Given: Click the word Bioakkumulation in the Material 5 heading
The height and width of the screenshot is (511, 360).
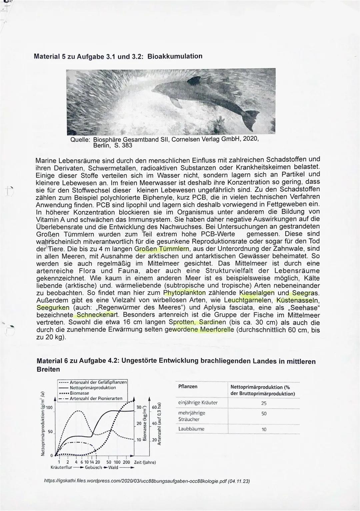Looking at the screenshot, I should click(x=175, y=56).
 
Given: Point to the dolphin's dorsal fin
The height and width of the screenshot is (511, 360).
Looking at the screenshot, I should click(x=195, y=80).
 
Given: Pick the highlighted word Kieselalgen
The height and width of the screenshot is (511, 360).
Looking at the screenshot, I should click(x=257, y=293).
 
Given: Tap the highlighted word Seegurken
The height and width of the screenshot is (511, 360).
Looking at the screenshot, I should click(x=53, y=308).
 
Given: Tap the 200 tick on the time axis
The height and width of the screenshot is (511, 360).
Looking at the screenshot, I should click(x=126, y=462).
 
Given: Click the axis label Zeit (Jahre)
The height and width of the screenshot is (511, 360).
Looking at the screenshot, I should click(x=145, y=462).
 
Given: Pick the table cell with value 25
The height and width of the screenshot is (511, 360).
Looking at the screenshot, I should click(x=264, y=403).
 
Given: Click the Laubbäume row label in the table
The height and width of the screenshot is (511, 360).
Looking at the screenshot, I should click(x=191, y=429).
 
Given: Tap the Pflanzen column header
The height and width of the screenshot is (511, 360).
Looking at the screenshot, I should click(x=188, y=387).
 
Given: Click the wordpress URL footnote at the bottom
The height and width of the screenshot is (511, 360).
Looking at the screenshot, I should click(x=147, y=481).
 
